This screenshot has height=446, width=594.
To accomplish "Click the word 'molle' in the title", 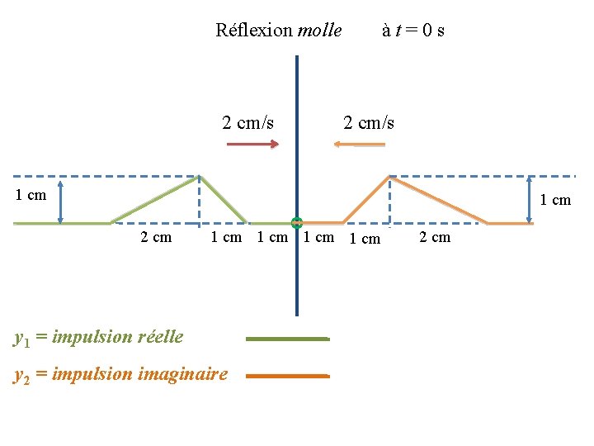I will click(319, 31).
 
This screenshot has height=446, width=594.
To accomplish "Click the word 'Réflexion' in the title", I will click(254, 31).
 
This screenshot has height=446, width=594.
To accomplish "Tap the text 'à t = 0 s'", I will click(413, 31).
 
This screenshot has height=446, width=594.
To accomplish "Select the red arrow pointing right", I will click(252, 145).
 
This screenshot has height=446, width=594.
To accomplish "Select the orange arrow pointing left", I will click(359, 145).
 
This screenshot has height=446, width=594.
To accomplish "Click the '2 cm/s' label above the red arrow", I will click(248, 123).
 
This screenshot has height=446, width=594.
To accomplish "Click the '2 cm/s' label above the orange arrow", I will click(369, 123).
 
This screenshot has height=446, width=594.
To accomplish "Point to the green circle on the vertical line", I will click(297, 222).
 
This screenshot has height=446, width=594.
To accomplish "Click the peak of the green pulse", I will click(199, 176).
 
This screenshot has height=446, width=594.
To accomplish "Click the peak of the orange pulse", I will click(389, 177).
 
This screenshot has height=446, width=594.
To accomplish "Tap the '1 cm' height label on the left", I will click(31, 196).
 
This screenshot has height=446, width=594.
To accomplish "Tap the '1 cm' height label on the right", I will click(555, 200).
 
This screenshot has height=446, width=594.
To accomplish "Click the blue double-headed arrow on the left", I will click(61, 199).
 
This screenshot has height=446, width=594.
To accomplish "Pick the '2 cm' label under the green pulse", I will click(156, 238).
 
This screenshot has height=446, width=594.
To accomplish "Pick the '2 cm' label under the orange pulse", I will click(435, 238).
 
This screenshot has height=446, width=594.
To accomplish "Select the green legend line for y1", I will click(287, 339).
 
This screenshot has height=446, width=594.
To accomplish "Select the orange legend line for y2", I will click(287, 376).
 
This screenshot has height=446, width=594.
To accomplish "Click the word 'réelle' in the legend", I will click(160, 337).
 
